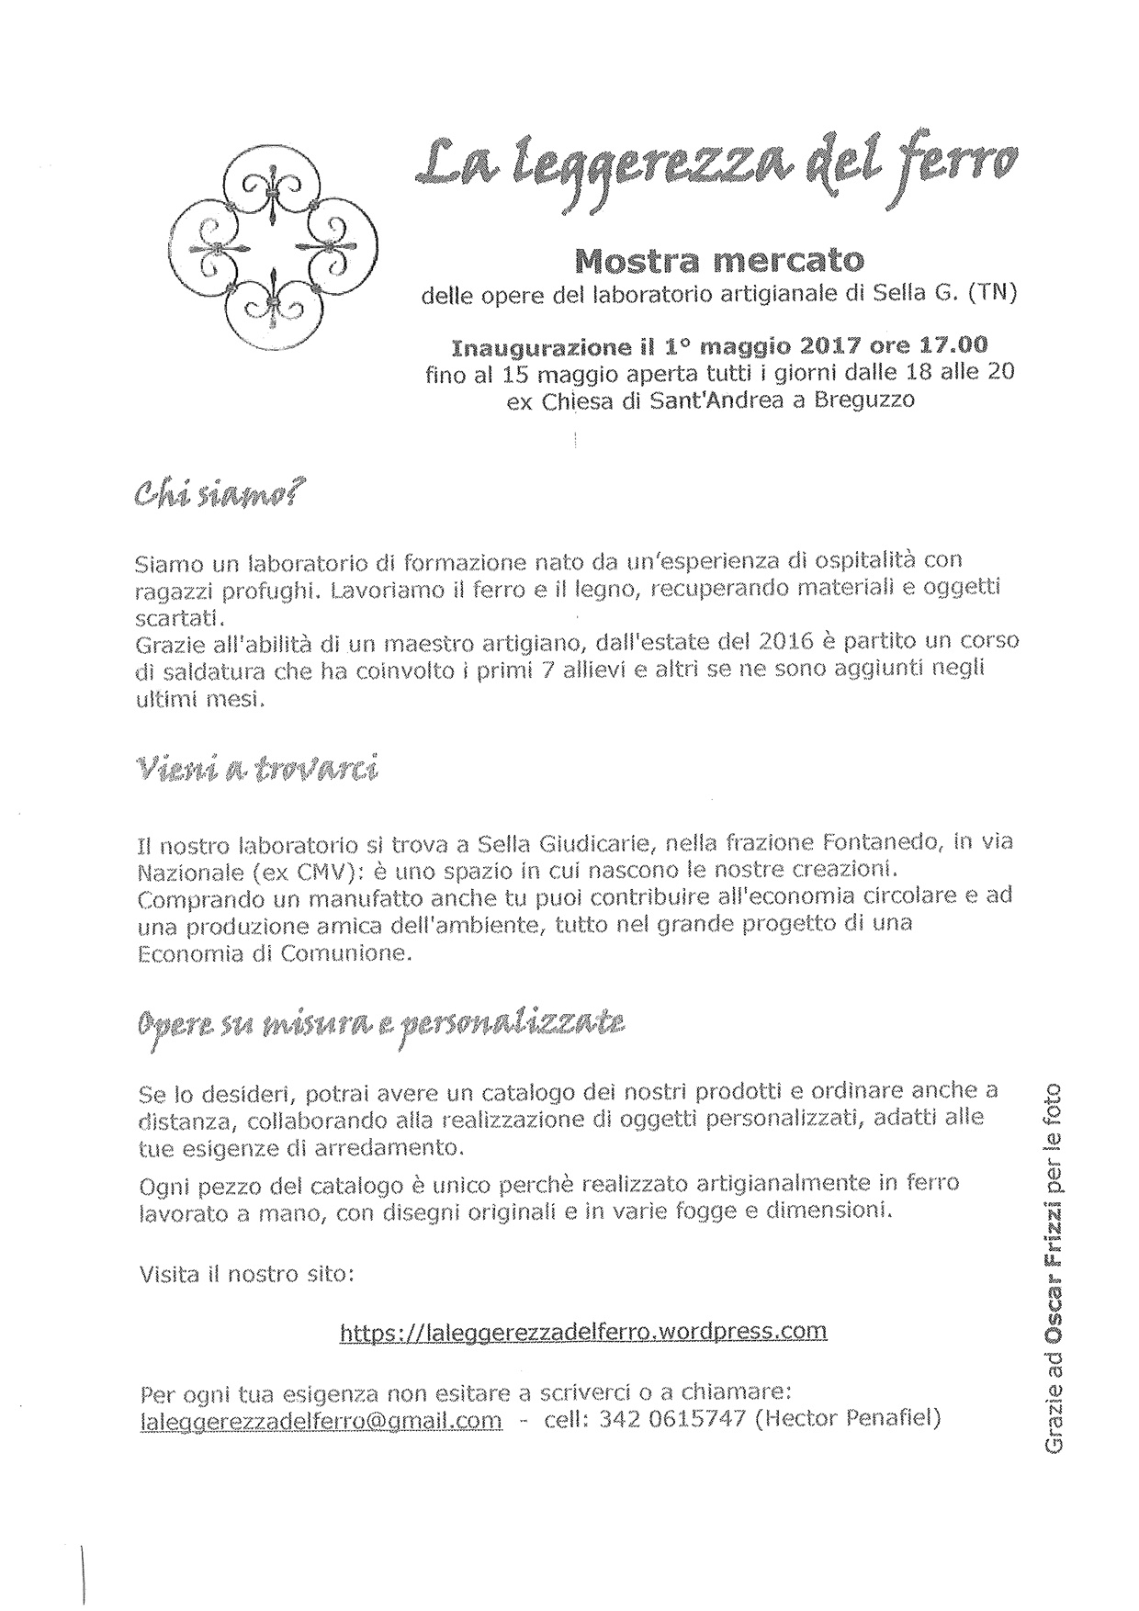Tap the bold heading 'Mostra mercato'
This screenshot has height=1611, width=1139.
[718, 262]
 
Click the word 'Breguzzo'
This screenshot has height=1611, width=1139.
[864, 400]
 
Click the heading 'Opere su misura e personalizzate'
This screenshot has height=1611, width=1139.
[381, 1022]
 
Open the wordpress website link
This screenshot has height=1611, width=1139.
[583, 1331]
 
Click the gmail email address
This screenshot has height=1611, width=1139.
[321, 1419]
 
